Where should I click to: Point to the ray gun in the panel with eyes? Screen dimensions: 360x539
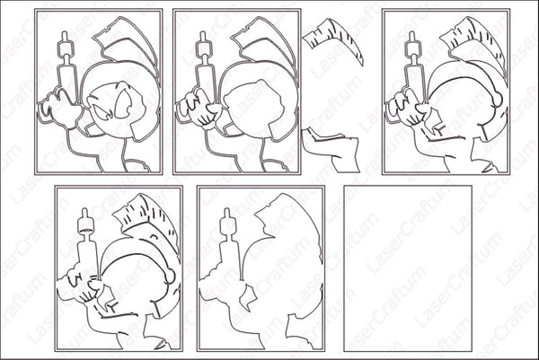tap(65, 67)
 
